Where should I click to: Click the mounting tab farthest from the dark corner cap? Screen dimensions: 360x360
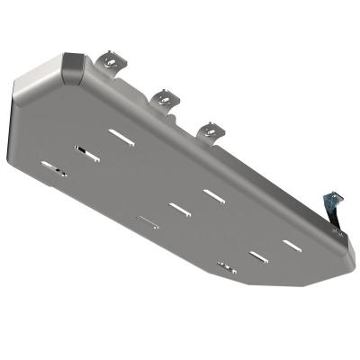tap(211, 130)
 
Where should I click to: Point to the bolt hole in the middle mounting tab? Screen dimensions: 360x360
tap(164, 93)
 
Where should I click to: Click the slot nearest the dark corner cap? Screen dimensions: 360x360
tap(119, 135)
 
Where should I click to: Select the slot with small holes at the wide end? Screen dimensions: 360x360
tap(52, 166)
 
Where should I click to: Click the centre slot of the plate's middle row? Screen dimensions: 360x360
tap(178, 209)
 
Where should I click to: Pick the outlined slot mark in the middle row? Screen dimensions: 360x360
tap(146, 220)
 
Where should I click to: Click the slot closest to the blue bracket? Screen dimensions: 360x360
tap(291, 244)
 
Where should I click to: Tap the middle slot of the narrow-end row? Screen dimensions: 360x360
tap(259, 256)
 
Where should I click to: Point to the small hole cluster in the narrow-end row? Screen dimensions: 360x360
tap(227, 266)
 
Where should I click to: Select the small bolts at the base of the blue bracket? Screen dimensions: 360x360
tap(340, 230)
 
